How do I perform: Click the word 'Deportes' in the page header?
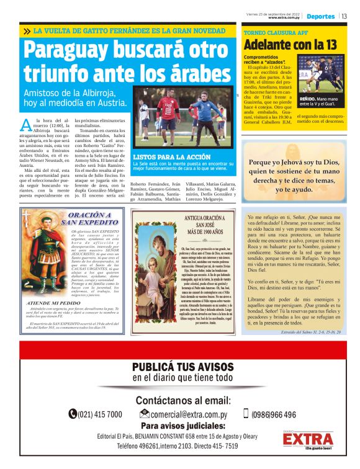[321, 16]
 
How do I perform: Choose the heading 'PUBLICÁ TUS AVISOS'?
[182, 367]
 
